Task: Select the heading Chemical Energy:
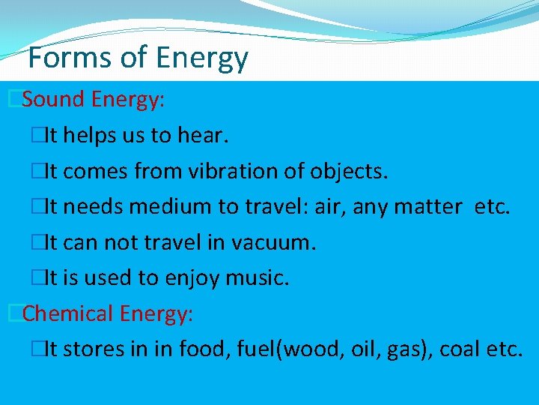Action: (108, 313)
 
